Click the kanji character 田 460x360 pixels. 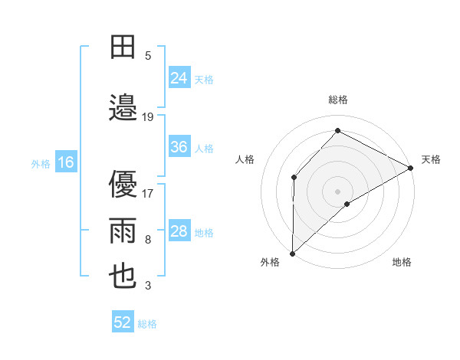pyautogui.click(x=123, y=47)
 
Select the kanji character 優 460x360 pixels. pyautogui.click(x=123, y=184)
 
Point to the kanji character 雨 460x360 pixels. pyautogui.click(x=123, y=231)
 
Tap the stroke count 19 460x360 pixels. pyautogui.click(x=148, y=116)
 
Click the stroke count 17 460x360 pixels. pyautogui.click(x=148, y=193)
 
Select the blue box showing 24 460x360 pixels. pyautogui.click(x=179, y=78)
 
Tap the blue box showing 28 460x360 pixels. pyautogui.click(x=179, y=231)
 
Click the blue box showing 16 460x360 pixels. pyautogui.click(x=66, y=162)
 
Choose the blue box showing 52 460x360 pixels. pyautogui.click(x=123, y=323)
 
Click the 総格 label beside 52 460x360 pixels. pyautogui.click(x=147, y=324)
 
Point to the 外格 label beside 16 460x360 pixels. pyautogui.click(x=41, y=163)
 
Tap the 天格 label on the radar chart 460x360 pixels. pyautogui.click(x=431, y=159)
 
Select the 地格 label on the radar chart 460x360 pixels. pyautogui.click(x=402, y=263)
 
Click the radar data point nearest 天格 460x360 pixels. pyautogui.click(x=410, y=169)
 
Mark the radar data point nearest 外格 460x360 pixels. pyautogui.click(x=292, y=253)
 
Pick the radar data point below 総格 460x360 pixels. pyautogui.click(x=337, y=131)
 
